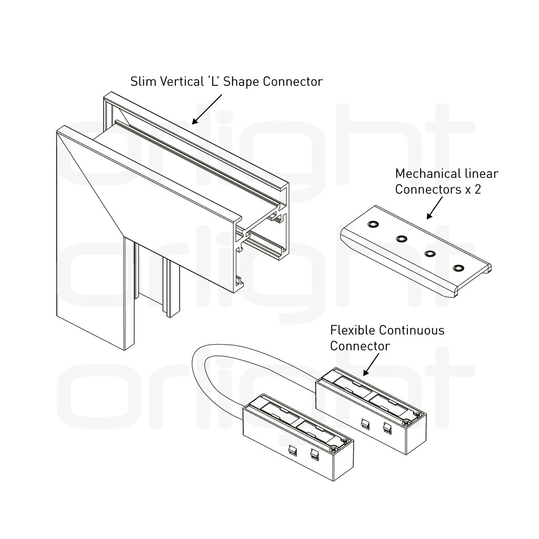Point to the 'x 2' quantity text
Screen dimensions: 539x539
coord(473,189)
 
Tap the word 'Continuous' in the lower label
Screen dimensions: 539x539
coord(412,331)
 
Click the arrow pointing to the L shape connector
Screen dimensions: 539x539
coord(207,109)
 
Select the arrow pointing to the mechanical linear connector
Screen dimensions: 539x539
coord(434,208)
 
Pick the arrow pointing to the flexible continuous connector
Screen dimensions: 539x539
coord(371,364)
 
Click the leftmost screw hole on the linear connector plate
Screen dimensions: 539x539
coord(373,224)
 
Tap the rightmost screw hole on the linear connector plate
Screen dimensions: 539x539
coord(458,268)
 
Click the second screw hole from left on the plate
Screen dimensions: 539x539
coord(402,238)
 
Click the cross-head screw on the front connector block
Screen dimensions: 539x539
coord(334,448)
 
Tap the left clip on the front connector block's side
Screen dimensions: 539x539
coord(293,451)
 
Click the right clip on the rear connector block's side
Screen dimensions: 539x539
coord(387,427)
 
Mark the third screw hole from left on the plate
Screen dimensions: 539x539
coord(430,254)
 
